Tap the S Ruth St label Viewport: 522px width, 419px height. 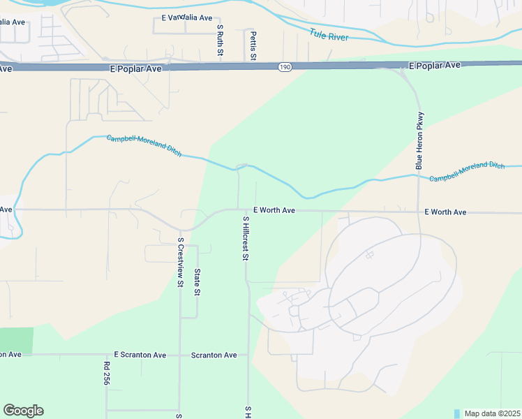tap(220, 41)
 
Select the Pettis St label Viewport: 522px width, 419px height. tap(254, 45)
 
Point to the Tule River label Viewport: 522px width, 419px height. tap(329, 35)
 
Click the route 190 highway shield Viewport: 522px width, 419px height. tap(284, 67)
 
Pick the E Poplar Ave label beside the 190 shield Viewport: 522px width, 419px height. tap(135, 69)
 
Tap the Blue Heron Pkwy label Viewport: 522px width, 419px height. tap(419, 140)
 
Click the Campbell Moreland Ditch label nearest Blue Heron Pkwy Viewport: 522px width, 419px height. tap(466, 172)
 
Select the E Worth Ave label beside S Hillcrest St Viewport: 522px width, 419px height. tap(274, 209)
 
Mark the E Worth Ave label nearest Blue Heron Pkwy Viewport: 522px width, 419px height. tap(445, 212)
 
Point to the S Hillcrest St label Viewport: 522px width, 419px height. tap(245, 238)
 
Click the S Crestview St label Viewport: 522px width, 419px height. tap(180, 263)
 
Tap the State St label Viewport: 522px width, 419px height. tap(197, 282)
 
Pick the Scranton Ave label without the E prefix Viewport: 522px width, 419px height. tap(214, 355)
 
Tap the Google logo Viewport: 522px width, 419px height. tap(23, 411)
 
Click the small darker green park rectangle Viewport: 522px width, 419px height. tap(16, 339)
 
